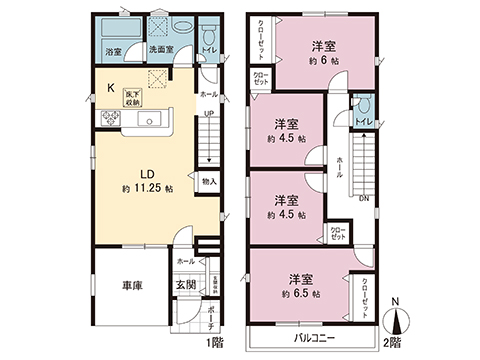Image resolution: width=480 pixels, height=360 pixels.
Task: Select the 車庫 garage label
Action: (x=132, y=285)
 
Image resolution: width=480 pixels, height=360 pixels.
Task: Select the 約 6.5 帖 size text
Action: (x=298, y=294)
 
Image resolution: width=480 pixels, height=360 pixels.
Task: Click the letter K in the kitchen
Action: (x=111, y=88)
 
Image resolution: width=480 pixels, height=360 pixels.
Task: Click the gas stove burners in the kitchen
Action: (x=108, y=120)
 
